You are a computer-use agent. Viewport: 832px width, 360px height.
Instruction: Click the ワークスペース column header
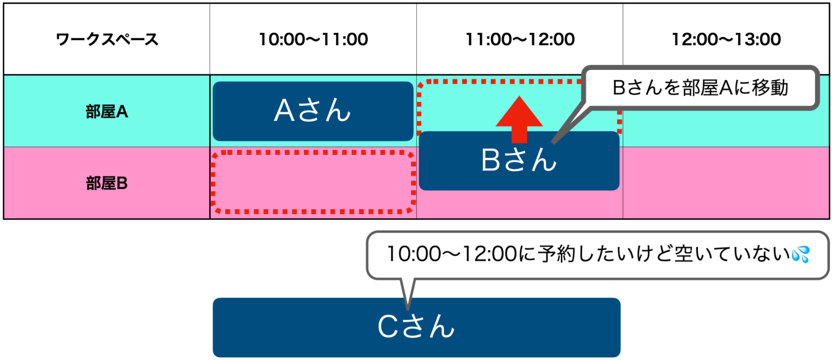coord(107,40)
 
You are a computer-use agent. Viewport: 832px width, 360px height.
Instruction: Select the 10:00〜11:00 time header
coord(313,40)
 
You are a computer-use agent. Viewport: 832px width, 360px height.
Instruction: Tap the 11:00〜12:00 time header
coord(519,40)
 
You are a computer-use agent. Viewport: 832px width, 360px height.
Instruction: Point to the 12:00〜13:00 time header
coord(726,40)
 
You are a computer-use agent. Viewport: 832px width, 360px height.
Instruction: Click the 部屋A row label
coord(107,112)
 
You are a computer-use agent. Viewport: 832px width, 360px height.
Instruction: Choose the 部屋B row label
coord(107,183)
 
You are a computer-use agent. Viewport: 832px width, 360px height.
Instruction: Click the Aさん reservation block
coord(313,111)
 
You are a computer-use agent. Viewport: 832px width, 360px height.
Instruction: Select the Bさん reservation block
coord(519,166)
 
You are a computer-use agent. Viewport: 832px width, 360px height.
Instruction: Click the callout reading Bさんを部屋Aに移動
coord(700,88)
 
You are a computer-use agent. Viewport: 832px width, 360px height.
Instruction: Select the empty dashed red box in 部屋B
coord(313,182)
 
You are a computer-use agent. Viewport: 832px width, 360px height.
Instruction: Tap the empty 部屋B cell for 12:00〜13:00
coord(726,183)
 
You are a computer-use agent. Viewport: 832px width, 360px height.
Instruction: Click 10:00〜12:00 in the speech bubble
coord(452,254)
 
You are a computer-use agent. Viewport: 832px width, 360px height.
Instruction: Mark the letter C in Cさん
coord(389,326)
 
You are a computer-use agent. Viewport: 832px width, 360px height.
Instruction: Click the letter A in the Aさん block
coord(284,111)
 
